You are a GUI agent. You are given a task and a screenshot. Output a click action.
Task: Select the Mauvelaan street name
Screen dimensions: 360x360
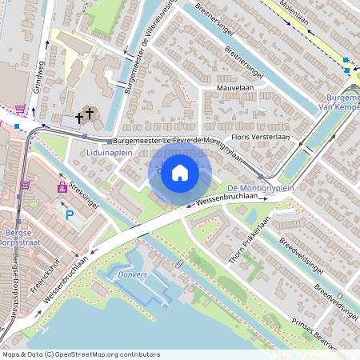pyautogui.click(x=234, y=89)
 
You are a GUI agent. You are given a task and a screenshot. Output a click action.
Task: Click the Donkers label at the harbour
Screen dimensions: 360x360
pyautogui.click(x=132, y=274)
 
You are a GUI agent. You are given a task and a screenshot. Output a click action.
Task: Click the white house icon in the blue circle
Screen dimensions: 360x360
pyautogui.click(x=180, y=172)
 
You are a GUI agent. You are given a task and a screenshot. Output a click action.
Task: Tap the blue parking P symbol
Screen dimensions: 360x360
pyautogui.click(x=69, y=214)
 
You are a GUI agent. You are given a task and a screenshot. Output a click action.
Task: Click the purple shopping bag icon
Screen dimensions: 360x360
pyautogui.click(x=62, y=187)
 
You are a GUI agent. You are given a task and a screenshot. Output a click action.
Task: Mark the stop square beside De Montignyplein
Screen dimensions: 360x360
pyautogui.click(x=261, y=177)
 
